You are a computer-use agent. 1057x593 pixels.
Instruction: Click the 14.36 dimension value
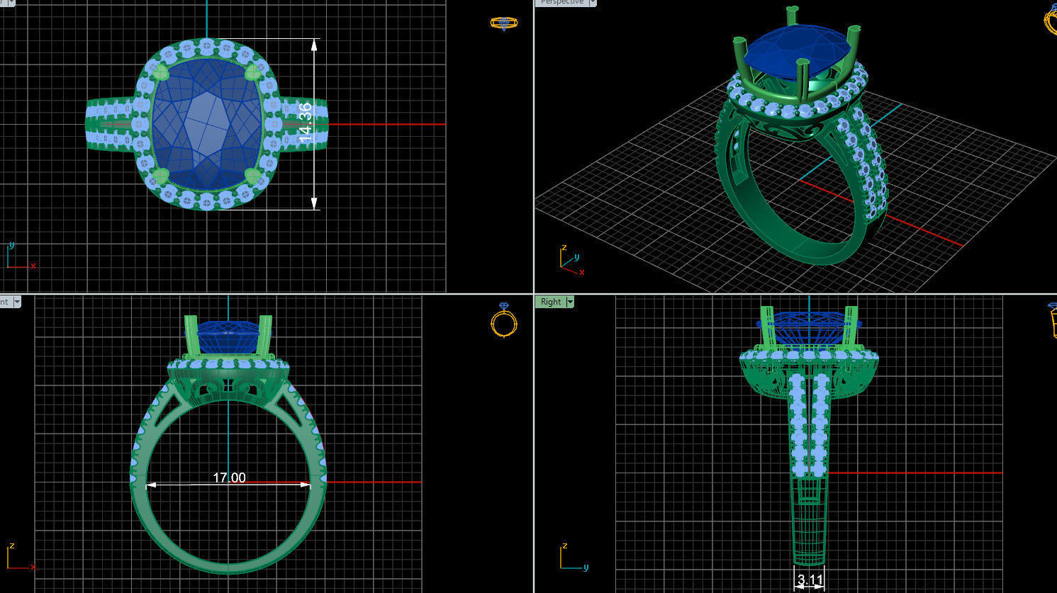[x=306, y=123]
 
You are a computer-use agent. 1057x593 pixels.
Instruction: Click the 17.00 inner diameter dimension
[x=229, y=478]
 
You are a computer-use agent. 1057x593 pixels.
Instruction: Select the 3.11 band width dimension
[x=810, y=580]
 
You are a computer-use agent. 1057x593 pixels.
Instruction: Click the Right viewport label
[x=550, y=302]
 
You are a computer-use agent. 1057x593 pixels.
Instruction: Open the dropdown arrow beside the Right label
[x=569, y=302]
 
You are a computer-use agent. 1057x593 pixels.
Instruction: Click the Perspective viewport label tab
[x=561, y=3]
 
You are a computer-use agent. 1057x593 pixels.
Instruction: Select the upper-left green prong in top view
[x=161, y=72]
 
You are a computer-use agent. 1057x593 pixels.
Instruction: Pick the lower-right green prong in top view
[x=252, y=175]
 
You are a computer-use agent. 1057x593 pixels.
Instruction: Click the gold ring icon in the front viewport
[x=503, y=320]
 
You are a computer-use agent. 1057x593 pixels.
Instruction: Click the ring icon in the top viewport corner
[x=503, y=23]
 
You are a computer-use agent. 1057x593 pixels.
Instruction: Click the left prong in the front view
[x=191, y=337]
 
